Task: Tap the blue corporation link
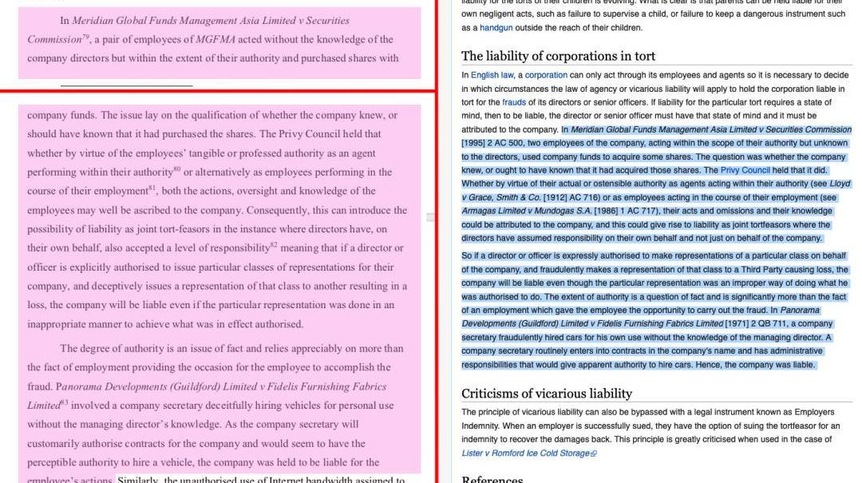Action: click(x=546, y=75)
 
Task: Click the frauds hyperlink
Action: click(x=514, y=102)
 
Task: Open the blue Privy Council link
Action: click(x=745, y=170)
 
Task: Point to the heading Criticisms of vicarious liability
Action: click(x=546, y=394)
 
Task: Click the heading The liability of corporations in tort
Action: click(x=558, y=56)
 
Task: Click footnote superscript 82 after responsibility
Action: click(x=273, y=244)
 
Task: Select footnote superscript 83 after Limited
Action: click(x=65, y=402)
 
